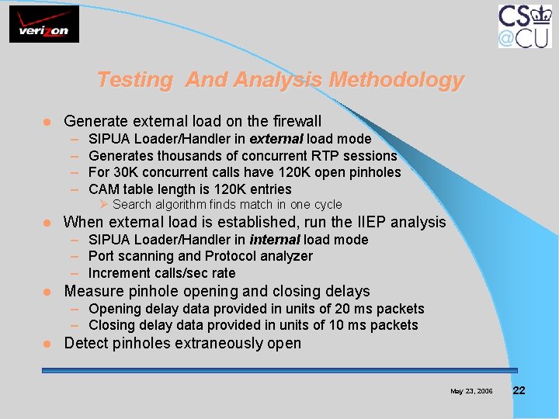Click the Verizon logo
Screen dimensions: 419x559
[x=44, y=24]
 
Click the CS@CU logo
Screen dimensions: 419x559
[x=525, y=26]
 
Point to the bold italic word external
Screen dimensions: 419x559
[x=276, y=139]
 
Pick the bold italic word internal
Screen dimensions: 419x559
[x=274, y=240]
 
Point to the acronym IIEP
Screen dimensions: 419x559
[x=370, y=223]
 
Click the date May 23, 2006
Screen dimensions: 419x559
[x=471, y=391]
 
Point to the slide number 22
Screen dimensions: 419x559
[x=519, y=390]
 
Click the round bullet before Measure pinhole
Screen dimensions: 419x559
[x=47, y=292]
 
